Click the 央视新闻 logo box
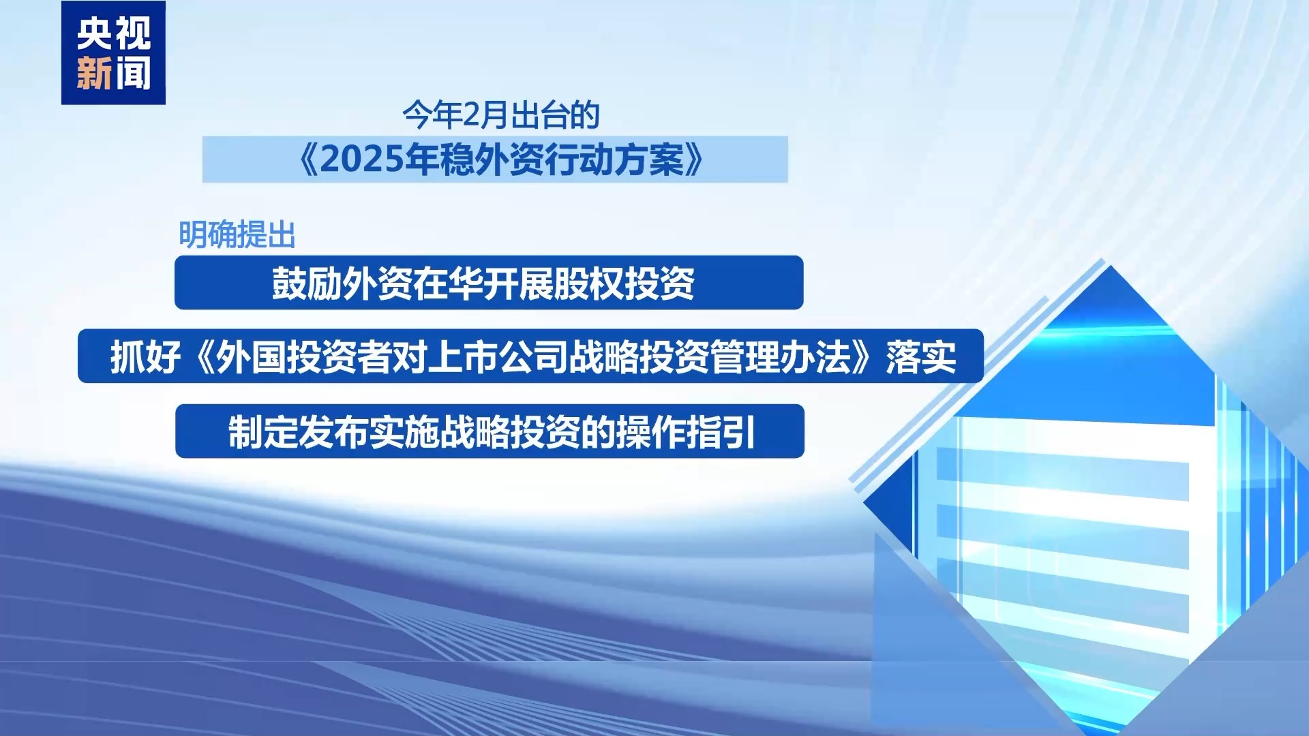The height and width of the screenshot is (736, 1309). [113, 52]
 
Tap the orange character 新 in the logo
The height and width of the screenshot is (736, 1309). [94, 74]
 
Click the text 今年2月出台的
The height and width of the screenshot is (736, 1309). [501, 115]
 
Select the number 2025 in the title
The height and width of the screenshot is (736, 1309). [362, 160]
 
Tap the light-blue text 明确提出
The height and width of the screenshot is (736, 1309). [237, 235]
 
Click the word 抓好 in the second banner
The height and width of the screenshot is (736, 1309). [145, 357]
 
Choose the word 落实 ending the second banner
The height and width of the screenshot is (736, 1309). [921, 357]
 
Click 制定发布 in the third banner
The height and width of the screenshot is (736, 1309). [299, 432]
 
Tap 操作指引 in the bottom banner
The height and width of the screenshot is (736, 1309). [686, 432]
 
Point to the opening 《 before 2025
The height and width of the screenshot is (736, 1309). [309, 160]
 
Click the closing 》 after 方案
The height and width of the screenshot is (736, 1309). [694, 160]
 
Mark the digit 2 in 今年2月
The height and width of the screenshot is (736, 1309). [472, 115]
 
